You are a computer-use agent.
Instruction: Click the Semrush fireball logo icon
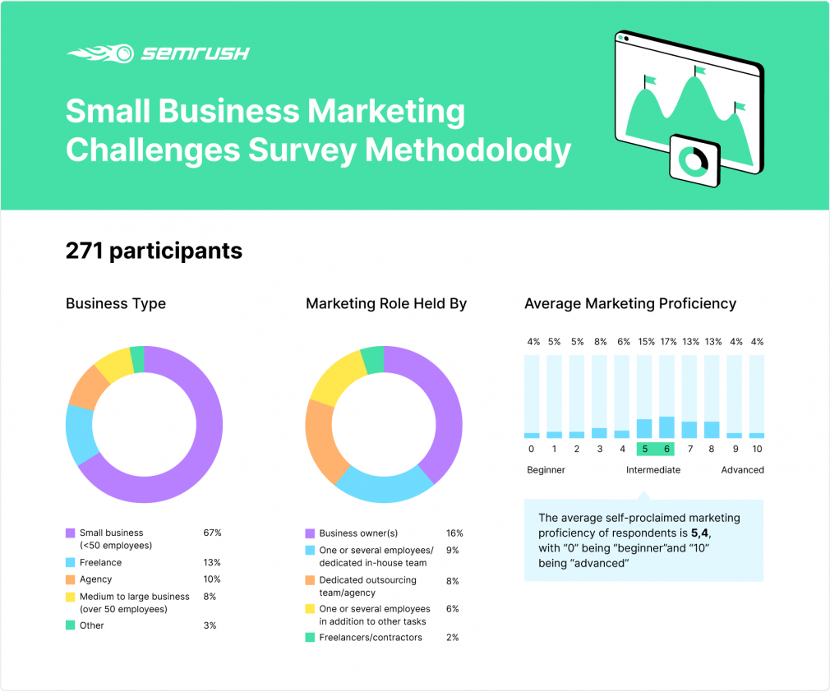pyautogui.click(x=100, y=53)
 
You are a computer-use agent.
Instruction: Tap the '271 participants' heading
pyautogui.click(x=154, y=251)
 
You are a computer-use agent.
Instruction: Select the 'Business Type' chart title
pyautogui.click(x=116, y=303)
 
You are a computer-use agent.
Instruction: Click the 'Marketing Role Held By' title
pyautogui.click(x=386, y=303)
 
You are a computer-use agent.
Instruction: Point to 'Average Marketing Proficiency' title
pyautogui.click(x=630, y=303)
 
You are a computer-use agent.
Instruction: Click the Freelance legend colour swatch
pyautogui.click(x=71, y=562)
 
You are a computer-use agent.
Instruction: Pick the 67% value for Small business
pyautogui.click(x=212, y=533)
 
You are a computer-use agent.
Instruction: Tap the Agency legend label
pyautogui.click(x=96, y=579)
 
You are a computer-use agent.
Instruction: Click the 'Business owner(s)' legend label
pyautogui.click(x=358, y=533)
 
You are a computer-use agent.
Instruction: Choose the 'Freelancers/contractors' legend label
pyautogui.click(x=371, y=638)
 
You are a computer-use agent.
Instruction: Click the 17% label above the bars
pyautogui.click(x=669, y=342)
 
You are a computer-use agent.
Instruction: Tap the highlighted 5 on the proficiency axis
pyautogui.click(x=645, y=449)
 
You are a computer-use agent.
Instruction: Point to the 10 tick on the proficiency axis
pyautogui.click(x=757, y=449)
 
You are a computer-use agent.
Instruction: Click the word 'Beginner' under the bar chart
pyautogui.click(x=546, y=470)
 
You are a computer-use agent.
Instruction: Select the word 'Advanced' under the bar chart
pyautogui.click(x=742, y=470)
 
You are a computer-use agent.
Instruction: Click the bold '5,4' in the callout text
pyautogui.click(x=700, y=533)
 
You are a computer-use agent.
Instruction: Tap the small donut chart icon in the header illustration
pyautogui.click(x=694, y=160)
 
